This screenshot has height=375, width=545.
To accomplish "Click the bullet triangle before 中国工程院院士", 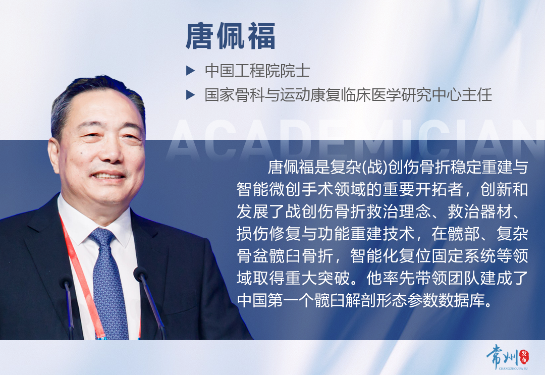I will point(190,70).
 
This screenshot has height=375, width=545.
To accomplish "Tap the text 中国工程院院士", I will point(257,70).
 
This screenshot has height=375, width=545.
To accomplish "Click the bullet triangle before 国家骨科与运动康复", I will point(190,94).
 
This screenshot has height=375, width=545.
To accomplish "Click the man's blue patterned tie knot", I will point(103,236).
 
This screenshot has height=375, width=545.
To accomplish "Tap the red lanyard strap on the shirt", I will point(81,273).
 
